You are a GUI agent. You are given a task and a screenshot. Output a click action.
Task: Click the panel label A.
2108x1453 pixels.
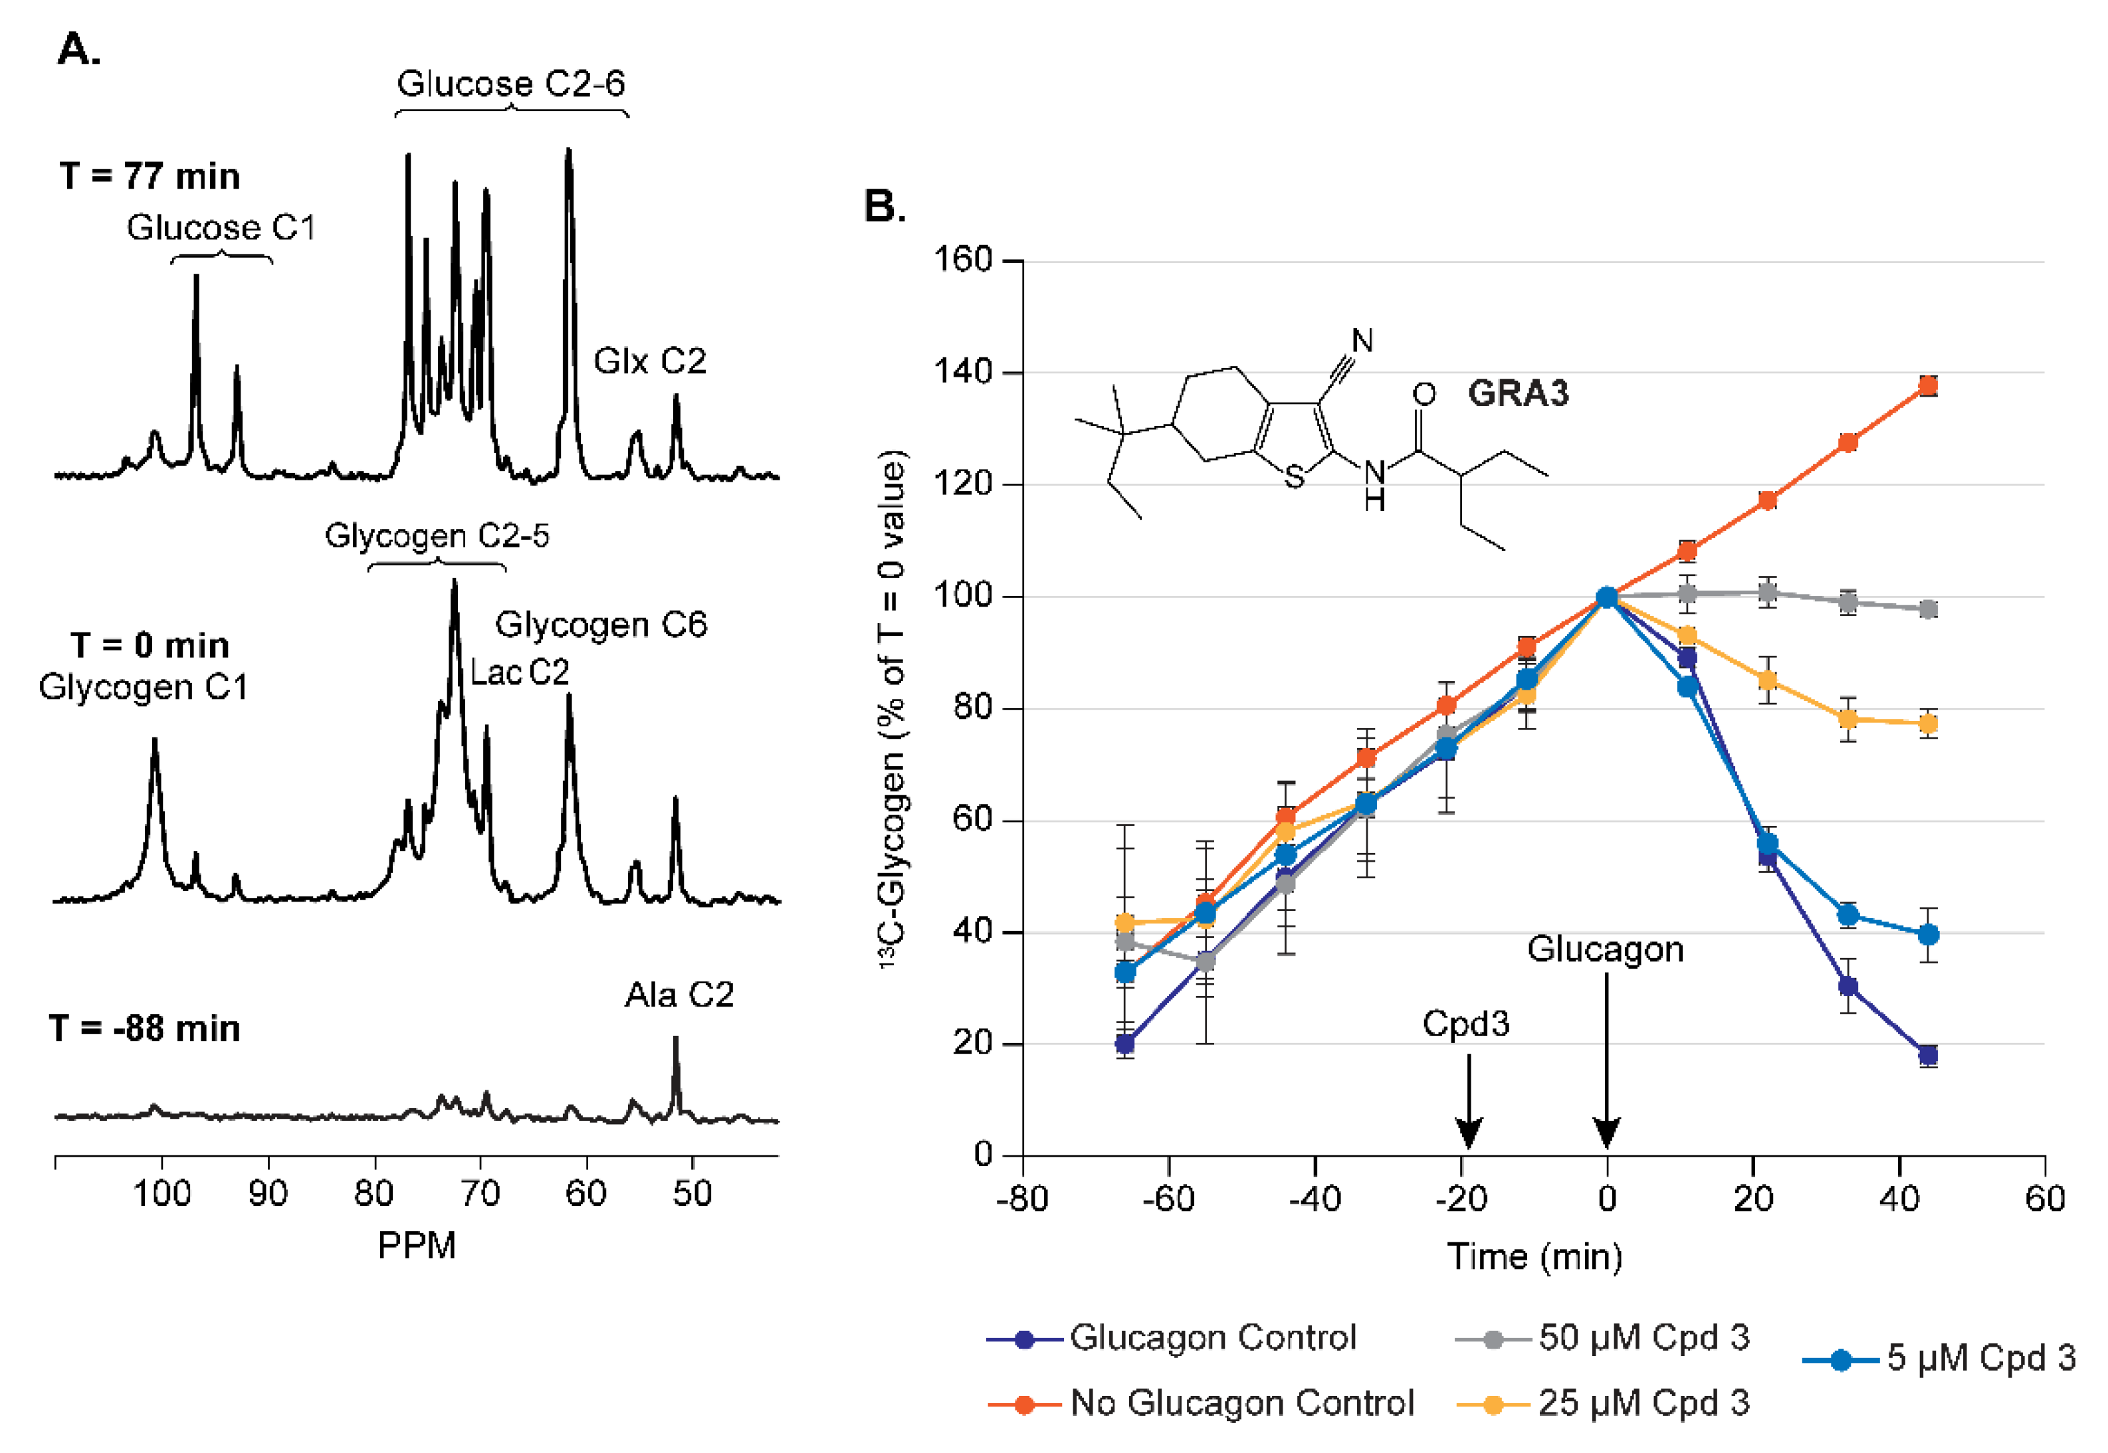78,49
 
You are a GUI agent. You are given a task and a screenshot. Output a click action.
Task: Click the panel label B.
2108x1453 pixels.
883,207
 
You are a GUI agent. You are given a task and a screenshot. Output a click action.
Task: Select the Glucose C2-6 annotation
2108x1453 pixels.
511,84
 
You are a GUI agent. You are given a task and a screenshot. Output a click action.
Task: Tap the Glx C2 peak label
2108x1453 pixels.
649,361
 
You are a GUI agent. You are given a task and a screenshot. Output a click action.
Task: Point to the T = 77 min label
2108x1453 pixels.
150,175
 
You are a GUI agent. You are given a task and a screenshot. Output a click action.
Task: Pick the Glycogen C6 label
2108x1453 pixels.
600,625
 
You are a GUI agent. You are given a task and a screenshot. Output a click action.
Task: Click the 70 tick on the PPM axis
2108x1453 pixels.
480,1193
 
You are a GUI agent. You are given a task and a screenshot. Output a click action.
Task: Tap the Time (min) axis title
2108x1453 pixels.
1534,1256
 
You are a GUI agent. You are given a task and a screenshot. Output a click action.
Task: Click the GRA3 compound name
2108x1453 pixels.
1518,393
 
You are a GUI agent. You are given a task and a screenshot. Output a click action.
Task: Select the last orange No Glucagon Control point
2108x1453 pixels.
1928,386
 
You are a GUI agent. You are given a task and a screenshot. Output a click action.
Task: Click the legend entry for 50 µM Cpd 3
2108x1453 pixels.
1603,1337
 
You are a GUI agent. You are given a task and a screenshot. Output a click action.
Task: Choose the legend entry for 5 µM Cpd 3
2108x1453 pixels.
1940,1358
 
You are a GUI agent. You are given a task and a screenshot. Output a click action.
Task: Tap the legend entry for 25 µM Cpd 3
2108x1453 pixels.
1603,1403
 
